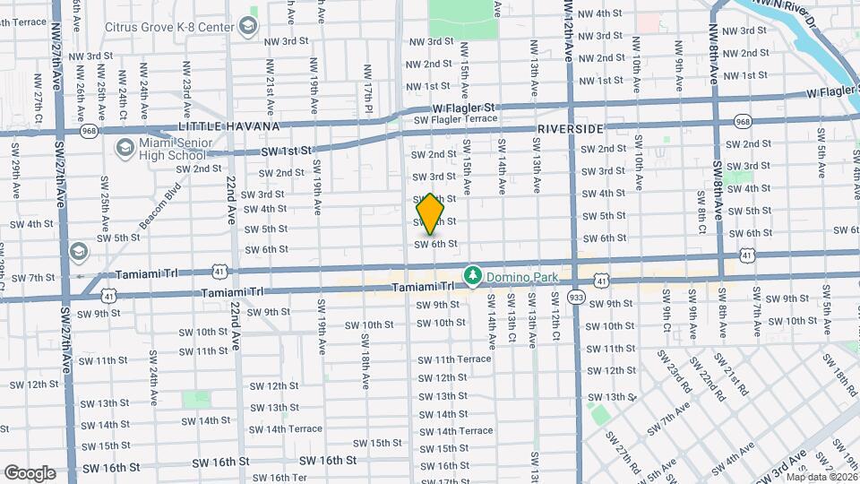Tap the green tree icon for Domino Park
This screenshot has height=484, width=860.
click(473, 276)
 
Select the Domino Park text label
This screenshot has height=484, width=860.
click(521, 276)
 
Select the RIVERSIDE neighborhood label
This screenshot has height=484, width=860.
click(571, 129)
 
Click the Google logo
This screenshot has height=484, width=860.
click(29, 473)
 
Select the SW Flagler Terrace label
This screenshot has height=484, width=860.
click(455, 118)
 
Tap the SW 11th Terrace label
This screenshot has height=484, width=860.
click(456, 359)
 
